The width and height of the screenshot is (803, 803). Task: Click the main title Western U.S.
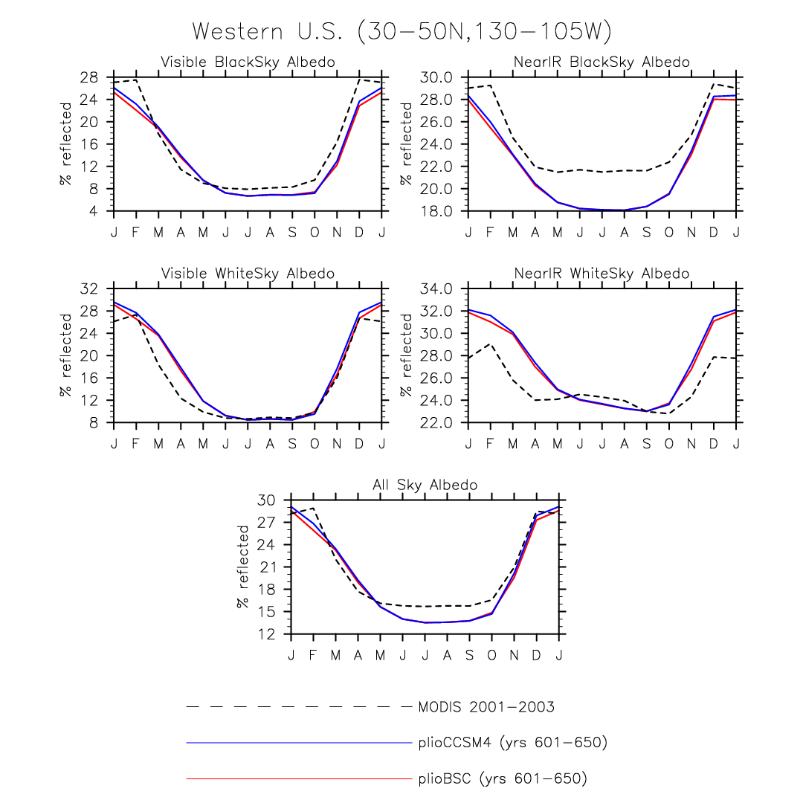point(401,32)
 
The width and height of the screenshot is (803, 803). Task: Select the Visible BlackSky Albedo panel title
point(248,62)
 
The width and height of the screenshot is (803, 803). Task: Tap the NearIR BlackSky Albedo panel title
point(602,62)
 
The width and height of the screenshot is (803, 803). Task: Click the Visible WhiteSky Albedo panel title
point(248,274)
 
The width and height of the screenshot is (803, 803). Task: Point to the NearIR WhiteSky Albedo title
point(602,274)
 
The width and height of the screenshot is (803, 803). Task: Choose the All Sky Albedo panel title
point(425,486)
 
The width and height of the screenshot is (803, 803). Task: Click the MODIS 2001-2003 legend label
point(487,707)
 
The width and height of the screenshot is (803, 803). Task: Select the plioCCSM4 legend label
point(513,743)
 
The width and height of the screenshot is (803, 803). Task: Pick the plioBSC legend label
point(503,779)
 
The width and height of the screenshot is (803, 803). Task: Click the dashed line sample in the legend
point(297,706)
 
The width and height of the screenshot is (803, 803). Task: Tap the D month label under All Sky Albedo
point(536,655)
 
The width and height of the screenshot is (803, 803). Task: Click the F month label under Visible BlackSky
point(136,232)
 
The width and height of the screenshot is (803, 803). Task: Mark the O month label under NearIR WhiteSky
point(668,444)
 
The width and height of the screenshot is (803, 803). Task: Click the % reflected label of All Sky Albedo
point(244,567)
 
